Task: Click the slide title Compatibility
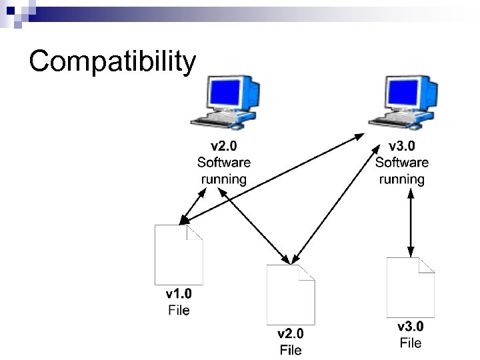click(113, 61)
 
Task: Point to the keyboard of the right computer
click(393, 121)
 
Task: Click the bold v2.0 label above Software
click(224, 146)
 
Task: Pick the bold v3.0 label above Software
click(402, 146)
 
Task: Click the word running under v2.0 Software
click(224, 179)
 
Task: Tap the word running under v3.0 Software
click(402, 179)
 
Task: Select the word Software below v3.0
click(402, 162)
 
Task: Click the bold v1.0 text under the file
click(179, 294)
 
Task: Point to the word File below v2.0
click(291, 350)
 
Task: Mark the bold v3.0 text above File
click(411, 327)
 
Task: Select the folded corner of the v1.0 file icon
click(195, 233)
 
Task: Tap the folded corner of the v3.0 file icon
click(427, 265)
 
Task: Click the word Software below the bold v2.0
click(224, 162)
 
